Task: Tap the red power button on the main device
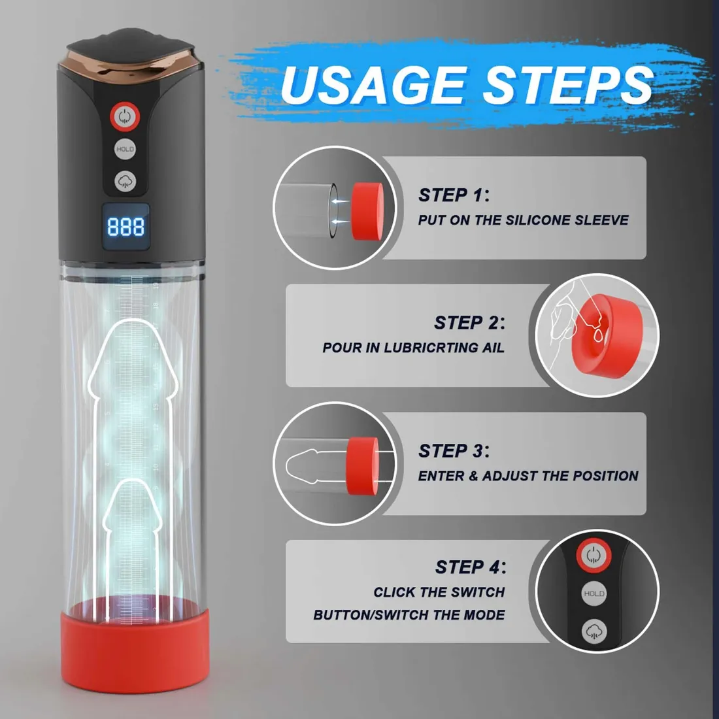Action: (124, 116)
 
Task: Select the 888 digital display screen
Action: (125, 226)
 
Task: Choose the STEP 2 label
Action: (469, 323)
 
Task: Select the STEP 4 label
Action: (470, 567)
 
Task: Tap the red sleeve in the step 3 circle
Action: (361, 460)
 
